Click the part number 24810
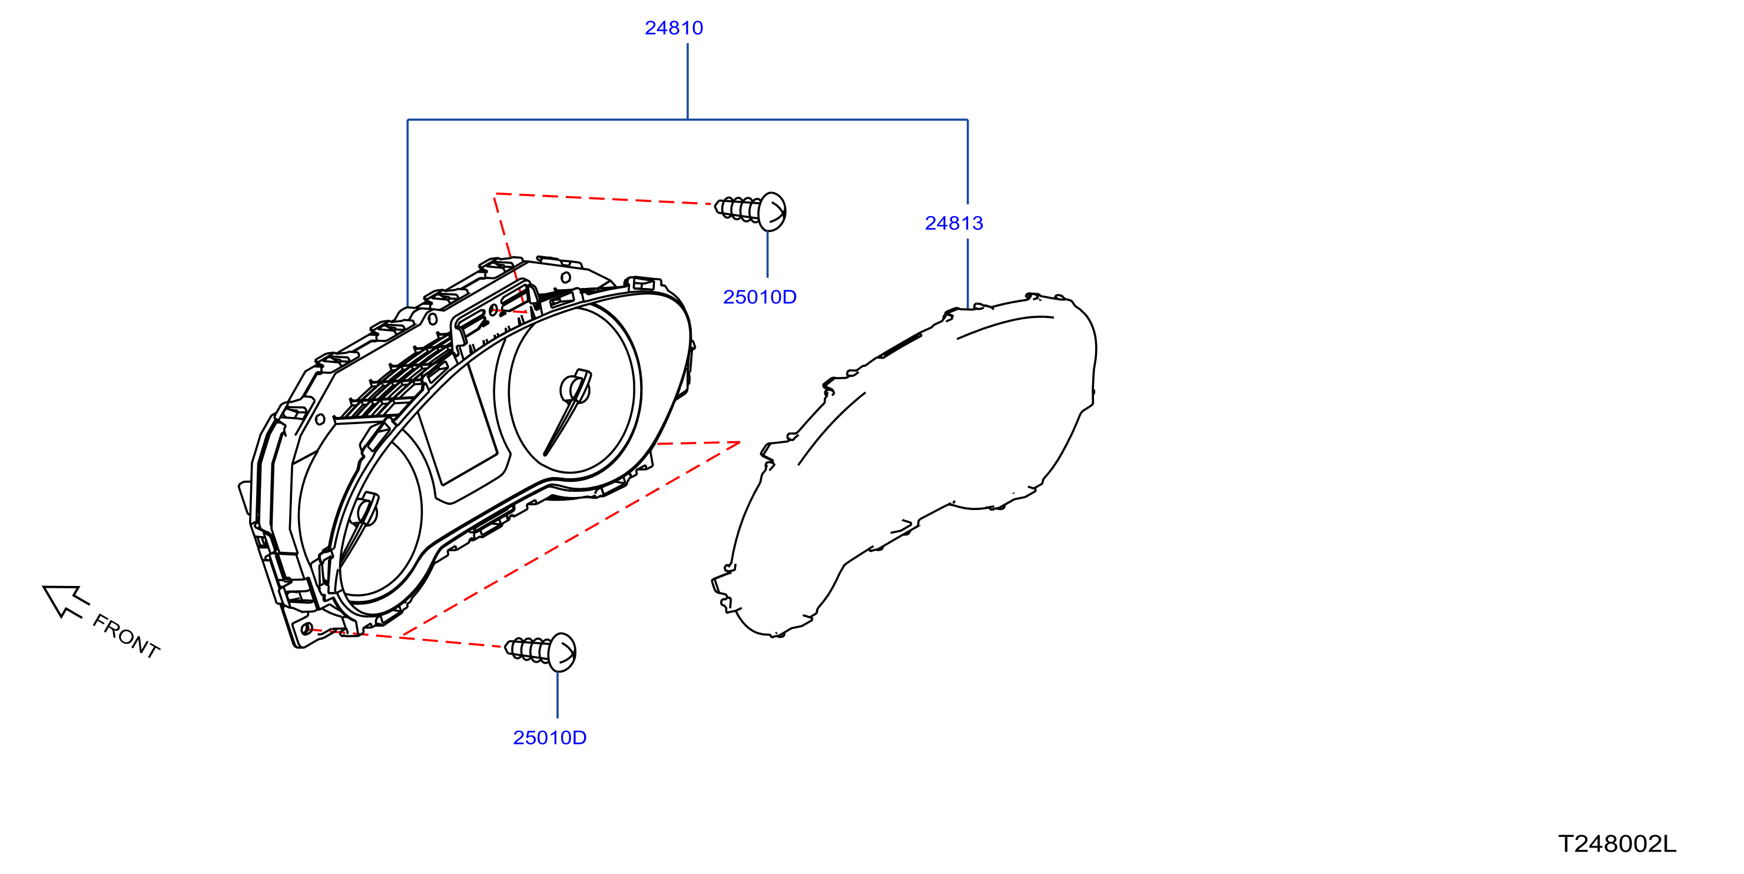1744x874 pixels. (x=674, y=28)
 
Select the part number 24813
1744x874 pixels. (x=954, y=223)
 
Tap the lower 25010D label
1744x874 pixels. (x=550, y=737)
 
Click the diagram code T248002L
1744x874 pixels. (x=1617, y=843)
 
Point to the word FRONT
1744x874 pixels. (x=127, y=637)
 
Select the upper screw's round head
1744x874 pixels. (x=772, y=212)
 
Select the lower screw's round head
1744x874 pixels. (x=562, y=653)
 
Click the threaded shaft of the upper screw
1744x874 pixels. (x=737, y=208)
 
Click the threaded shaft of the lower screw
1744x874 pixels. (x=528, y=649)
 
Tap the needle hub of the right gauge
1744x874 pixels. (x=575, y=389)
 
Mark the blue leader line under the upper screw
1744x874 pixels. (x=767, y=254)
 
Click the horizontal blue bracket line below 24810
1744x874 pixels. (x=687, y=120)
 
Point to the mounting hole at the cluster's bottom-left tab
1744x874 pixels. (x=307, y=629)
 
